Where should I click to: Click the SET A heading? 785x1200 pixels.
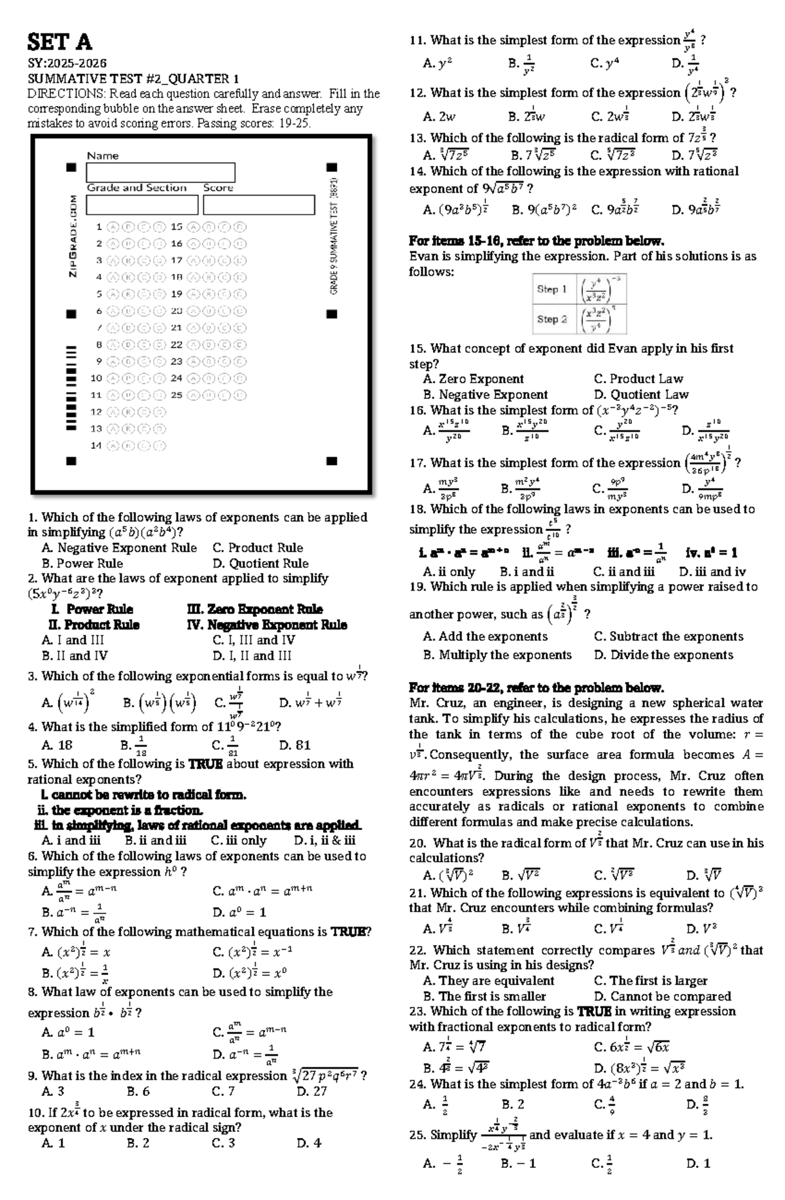[x=60, y=43]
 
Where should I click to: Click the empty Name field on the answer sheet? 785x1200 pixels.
[x=160, y=173]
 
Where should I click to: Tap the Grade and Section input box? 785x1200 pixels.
[x=141, y=205]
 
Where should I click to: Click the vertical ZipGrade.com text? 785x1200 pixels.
[x=73, y=235]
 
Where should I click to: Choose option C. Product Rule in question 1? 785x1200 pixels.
[x=258, y=547]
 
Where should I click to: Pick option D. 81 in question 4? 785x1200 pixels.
[x=294, y=745]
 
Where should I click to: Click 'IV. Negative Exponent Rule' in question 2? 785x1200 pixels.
[x=267, y=625]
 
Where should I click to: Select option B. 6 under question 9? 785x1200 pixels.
[x=138, y=1091]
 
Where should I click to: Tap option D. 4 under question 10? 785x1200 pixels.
[x=308, y=1144]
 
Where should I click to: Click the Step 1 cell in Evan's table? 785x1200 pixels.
[x=552, y=289]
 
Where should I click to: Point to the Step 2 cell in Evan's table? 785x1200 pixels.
[x=552, y=319]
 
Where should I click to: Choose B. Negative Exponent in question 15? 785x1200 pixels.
[x=485, y=394]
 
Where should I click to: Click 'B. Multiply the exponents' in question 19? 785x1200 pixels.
[x=497, y=655]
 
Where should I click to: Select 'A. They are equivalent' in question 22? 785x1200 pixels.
[x=488, y=980]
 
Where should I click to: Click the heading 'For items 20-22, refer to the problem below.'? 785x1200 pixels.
[x=536, y=688]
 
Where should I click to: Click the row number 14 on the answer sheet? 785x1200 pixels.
[x=96, y=445]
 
